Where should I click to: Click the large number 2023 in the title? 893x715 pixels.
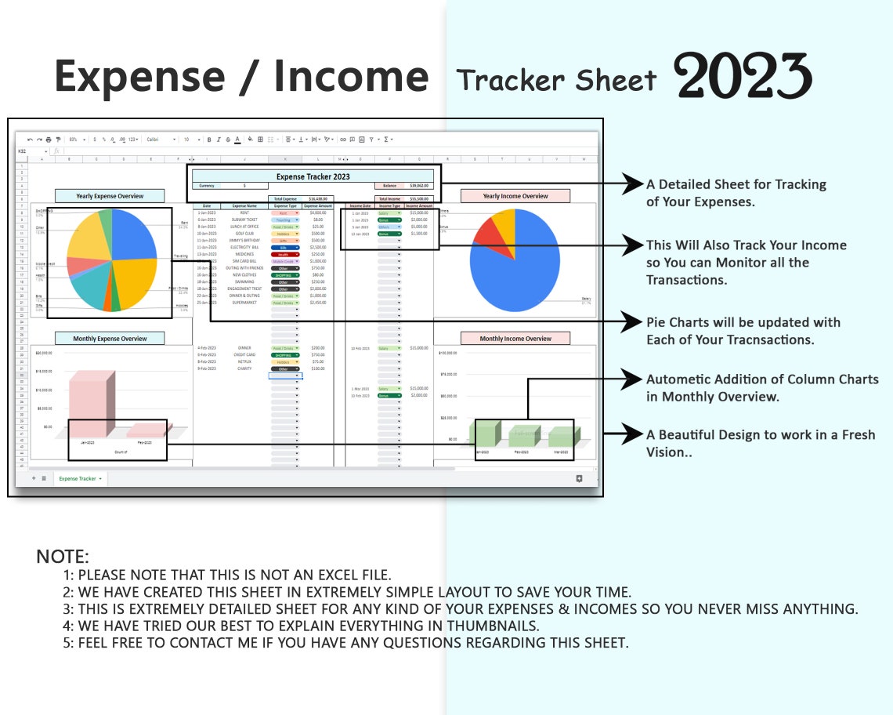point(742,77)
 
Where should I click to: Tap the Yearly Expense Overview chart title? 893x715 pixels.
point(110,196)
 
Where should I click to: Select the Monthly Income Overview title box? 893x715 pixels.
point(515,339)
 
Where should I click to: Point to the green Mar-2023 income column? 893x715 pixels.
point(561,437)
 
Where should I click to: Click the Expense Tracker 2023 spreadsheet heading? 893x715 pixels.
point(313,176)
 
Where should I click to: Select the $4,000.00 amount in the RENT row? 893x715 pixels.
point(318,212)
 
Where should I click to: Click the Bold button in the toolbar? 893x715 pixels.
point(208,140)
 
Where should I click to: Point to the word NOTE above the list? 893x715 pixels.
point(63,557)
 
